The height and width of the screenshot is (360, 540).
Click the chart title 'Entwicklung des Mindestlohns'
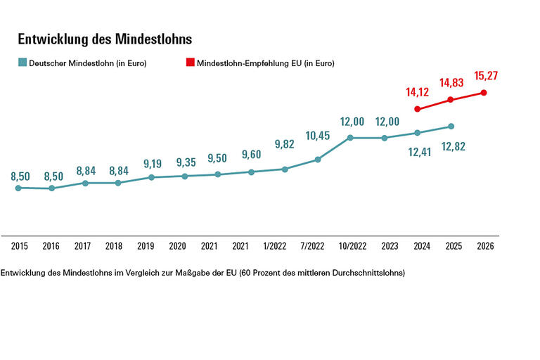pyautogui.click(x=105, y=39)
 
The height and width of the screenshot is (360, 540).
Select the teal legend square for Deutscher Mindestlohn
pyautogui.click(x=22, y=63)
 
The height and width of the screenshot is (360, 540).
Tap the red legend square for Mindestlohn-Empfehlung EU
pyautogui.click(x=190, y=63)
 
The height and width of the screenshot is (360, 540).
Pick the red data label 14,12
pyautogui.click(x=418, y=91)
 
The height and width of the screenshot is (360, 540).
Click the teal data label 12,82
pyautogui.click(x=452, y=146)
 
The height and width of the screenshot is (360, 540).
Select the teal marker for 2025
pyautogui.click(x=451, y=127)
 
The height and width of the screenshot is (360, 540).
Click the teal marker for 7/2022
pyautogui.click(x=318, y=160)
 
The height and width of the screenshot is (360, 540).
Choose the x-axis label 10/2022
pyautogui.click(x=350, y=247)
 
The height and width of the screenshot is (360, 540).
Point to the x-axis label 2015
pyautogui.click(x=19, y=247)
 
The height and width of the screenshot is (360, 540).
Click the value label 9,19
pyautogui.click(x=151, y=164)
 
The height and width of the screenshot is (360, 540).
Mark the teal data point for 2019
pyautogui.click(x=151, y=177)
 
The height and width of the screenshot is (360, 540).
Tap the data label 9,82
pyautogui.click(x=284, y=144)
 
